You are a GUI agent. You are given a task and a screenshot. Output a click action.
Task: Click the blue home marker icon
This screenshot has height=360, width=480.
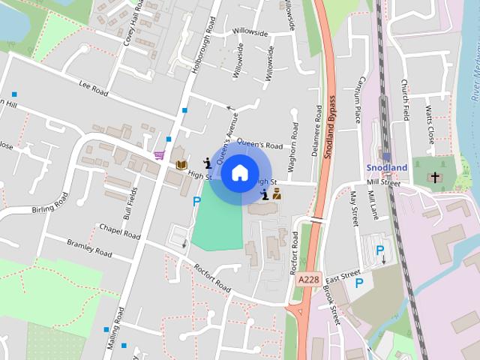238,172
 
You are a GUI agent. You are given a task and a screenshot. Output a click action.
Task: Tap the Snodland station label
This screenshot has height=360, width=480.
387,167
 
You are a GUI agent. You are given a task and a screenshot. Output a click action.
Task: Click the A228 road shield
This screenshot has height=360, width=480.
308,278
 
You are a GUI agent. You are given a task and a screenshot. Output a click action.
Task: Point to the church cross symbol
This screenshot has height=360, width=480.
435,178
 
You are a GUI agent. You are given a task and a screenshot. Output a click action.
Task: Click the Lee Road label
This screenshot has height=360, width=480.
94,87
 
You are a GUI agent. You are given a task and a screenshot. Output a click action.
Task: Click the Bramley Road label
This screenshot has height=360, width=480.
89,249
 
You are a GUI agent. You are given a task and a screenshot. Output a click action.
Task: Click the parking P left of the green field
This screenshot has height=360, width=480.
196,201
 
